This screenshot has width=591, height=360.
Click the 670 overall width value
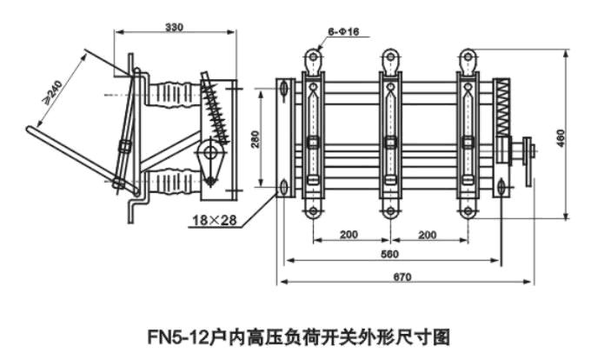click(x=401, y=277)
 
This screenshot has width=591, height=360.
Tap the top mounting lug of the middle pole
click(x=389, y=58)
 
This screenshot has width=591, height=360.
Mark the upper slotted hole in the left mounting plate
click(x=284, y=87)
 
